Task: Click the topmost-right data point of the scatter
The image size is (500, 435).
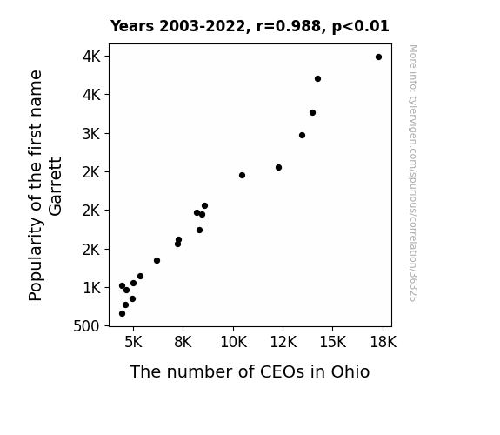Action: click(x=378, y=57)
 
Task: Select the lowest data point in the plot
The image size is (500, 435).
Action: click(x=122, y=314)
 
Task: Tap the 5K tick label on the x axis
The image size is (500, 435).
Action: click(x=133, y=342)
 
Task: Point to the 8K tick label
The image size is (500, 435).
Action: click(x=183, y=342)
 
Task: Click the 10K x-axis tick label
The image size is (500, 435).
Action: click(x=233, y=342)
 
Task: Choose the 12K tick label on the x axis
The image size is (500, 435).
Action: click(x=283, y=342)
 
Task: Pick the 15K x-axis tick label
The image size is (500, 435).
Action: click(x=333, y=342)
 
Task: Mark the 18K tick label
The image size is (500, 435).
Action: click(x=383, y=342)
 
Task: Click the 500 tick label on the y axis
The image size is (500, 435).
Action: click(x=86, y=326)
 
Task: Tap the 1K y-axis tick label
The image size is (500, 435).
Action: click(x=91, y=288)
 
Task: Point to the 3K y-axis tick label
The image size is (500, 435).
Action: click(x=91, y=134)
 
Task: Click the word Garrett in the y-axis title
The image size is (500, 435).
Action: click(x=55, y=186)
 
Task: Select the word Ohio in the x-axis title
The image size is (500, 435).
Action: click(x=350, y=371)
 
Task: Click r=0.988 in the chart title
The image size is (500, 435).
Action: click(x=289, y=26)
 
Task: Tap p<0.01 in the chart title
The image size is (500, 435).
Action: click(x=360, y=26)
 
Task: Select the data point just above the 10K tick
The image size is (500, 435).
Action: click(x=242, y=175)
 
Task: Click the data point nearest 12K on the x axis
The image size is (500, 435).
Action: click(x=279, y=168)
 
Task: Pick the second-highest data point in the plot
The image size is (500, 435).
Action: click(x=317, y=79)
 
